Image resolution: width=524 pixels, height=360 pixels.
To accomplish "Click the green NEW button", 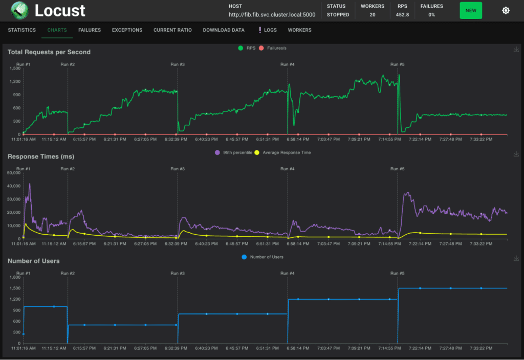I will [471, 10].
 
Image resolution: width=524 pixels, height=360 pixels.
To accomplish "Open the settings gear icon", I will [506, 10].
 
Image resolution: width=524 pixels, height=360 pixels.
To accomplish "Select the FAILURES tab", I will [90, 30].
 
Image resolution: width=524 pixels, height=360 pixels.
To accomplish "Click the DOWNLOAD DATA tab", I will [224, 30].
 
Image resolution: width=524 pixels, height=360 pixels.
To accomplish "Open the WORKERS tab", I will [299, 30].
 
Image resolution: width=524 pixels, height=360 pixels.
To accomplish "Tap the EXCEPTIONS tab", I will [127, 30].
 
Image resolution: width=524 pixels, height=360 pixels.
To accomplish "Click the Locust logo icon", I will [19, 10].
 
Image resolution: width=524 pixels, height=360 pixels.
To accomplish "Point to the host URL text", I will [272, 15].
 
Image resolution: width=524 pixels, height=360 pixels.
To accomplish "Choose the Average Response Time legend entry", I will [287, 152].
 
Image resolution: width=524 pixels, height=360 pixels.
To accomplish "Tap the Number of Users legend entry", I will [263, 257].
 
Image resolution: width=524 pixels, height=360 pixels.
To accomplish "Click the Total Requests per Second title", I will [49, 52].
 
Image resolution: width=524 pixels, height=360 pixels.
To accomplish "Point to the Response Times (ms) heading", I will [41, 156].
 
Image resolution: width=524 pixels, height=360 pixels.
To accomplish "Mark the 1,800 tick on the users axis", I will [15, 277].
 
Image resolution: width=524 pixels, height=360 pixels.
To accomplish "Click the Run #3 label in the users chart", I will [178, 273].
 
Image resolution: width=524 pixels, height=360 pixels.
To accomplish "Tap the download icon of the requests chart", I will [516, 50].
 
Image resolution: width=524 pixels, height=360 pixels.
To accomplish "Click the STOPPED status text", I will [338, 15].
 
